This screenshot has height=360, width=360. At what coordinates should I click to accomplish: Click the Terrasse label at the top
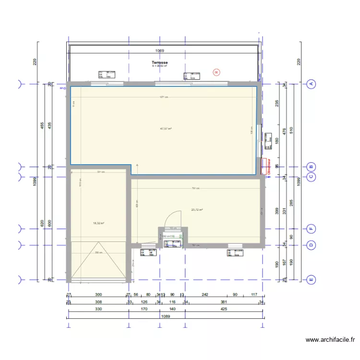[159, 62]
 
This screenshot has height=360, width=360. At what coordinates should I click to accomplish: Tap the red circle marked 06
[216, 72]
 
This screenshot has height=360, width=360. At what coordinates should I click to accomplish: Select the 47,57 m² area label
[166, 129]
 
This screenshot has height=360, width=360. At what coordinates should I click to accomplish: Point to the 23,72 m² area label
[197, 210]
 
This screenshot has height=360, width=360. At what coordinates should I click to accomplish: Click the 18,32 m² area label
[98, 223]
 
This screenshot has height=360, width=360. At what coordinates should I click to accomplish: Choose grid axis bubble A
[311, 84]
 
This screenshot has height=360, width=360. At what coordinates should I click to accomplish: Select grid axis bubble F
[311, 228]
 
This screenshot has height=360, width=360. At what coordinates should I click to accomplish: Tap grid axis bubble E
[311, 279]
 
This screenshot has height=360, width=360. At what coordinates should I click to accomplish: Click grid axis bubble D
[311, 245]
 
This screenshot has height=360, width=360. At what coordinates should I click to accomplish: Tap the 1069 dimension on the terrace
[160, 50]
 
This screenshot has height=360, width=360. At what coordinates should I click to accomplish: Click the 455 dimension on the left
[42, 126]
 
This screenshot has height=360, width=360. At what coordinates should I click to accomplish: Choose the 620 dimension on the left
[42, 223]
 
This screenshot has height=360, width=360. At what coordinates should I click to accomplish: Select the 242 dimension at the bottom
[205, 295]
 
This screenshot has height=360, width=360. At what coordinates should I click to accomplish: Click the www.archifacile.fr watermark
[330, 340]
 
